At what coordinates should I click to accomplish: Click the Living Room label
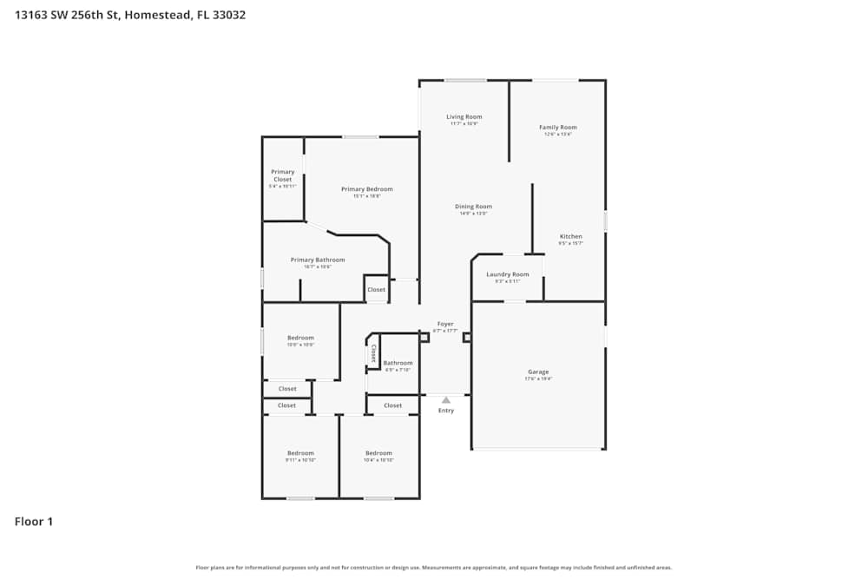(x=464, y=116)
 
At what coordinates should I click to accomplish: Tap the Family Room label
(x=557, y=127)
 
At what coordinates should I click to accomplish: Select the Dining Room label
(x=473, y=207)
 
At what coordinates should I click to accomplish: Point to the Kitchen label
(x=570, y=236)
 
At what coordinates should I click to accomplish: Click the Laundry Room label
(x=507, y=274)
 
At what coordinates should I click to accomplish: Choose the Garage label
(x=538, y=372)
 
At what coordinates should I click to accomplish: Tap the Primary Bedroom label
(x=366, y=189)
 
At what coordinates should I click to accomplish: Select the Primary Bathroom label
(x=317, y=260)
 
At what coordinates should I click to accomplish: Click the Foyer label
(x=445, y=324)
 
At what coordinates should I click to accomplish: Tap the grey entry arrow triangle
(x=446, y=400)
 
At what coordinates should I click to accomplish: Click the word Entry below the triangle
(x=446, y=411)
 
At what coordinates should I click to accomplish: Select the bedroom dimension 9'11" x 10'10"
(x=300, y=460)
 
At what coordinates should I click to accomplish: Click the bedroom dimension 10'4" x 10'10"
(x=378, y=460)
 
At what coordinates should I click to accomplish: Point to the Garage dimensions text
(x=538, y=379)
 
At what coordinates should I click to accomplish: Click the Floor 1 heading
(x=34, y=522)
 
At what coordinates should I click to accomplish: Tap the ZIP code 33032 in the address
(x=228, y=15)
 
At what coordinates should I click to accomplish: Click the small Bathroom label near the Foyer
(x=398, y=363)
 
